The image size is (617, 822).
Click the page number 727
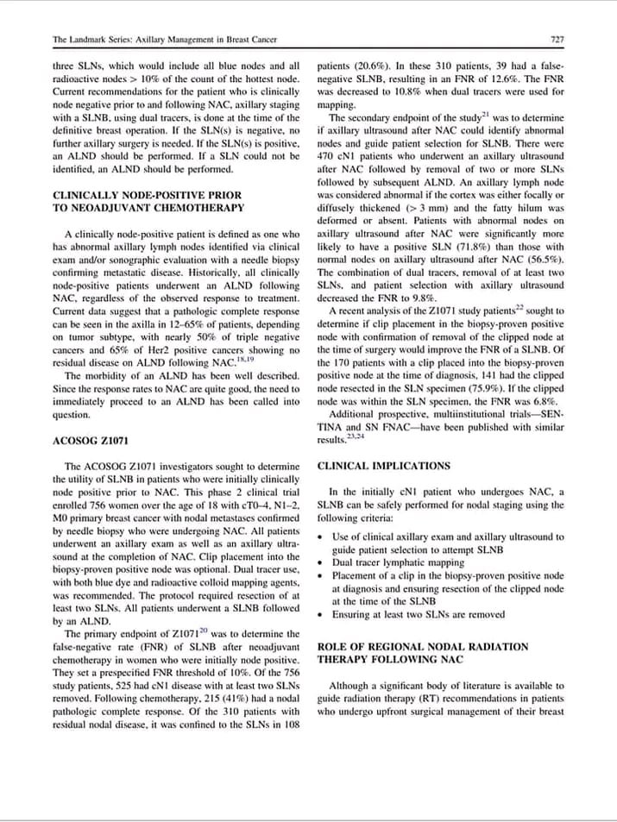pos(557,40)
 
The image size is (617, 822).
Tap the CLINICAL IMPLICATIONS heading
pos(383,466)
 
